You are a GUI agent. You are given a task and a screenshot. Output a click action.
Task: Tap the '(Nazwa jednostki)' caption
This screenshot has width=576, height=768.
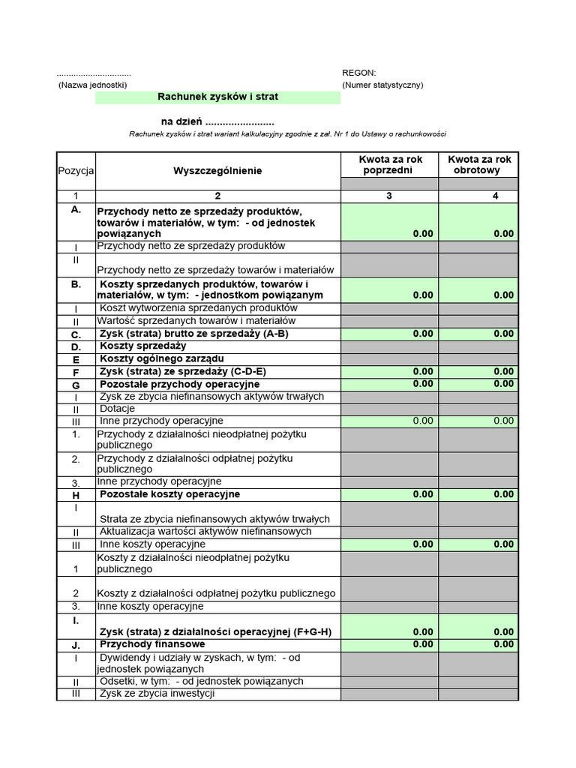click(92, 85)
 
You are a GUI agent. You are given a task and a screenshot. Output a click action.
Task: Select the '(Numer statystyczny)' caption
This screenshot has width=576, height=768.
click(382, 85)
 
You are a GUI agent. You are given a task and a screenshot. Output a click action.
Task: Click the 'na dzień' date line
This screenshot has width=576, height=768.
click(217, 121)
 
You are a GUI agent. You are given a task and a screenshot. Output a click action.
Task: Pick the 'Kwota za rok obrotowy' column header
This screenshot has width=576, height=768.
click(479, 164)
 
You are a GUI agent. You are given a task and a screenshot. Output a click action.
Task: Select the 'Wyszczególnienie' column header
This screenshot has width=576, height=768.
click(217, 171)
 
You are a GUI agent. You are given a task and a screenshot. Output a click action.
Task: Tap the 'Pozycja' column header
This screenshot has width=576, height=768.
click(76, 171)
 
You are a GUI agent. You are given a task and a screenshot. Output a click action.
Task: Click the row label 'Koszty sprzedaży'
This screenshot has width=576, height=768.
click(142, 346)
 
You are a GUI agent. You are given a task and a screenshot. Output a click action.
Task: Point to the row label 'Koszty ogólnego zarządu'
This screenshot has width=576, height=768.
click(162, 358)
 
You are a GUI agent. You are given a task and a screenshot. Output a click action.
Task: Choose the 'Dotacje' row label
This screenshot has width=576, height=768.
click(117, 409)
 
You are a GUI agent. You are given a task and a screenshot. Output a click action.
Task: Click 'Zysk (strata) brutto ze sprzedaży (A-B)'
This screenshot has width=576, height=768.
click(194, 334)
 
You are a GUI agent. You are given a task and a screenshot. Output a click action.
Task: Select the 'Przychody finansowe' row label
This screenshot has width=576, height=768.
click(152, 644)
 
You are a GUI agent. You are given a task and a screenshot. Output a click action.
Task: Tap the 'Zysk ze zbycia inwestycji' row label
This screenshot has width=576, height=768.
click(157, 694)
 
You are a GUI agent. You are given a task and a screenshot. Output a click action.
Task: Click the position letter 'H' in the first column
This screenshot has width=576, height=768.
click(76, 496)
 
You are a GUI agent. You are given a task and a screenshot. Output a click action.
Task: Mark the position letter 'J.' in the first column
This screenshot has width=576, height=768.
click(76, 644)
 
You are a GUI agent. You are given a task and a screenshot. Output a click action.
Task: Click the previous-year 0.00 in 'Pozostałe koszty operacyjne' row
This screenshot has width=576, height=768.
click(423, 495)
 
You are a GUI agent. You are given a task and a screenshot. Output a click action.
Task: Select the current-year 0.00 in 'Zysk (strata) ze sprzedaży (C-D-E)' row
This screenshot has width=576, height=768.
click(503, 372)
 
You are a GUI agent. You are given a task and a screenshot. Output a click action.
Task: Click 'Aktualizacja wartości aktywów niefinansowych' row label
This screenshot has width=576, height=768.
click(205, 532)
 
